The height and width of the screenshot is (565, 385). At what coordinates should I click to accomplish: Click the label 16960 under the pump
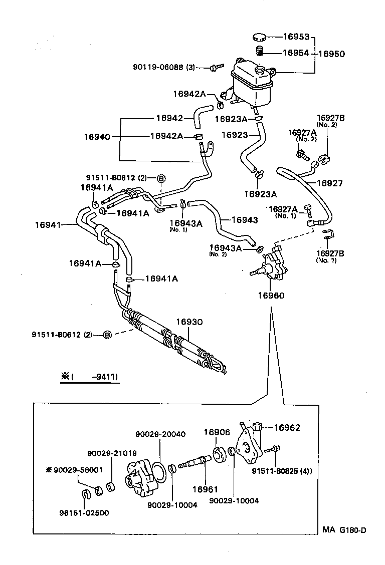click(271, 296)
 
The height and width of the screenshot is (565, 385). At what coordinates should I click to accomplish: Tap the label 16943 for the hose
click(245, 220)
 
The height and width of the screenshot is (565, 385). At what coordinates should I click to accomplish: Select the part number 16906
click(217, 432)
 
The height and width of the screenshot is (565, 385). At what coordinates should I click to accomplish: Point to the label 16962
click(287, 428)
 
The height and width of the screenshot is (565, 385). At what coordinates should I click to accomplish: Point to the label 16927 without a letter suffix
click(330, 184)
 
